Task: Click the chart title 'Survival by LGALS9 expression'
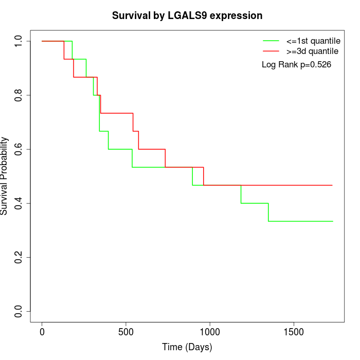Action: tap(187, 16)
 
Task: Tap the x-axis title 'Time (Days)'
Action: tap(187, 347)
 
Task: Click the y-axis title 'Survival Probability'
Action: tap(5, 176)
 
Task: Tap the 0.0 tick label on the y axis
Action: tap(19, 311)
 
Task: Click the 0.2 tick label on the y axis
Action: tap(19, 257)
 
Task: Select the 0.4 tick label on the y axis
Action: tap(19, 203)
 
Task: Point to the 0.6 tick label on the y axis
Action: tap(19, 149)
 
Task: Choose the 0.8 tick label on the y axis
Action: tap(19, 95)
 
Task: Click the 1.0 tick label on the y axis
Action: tap(19, 41)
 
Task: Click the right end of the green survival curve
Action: tap(332, 221)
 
